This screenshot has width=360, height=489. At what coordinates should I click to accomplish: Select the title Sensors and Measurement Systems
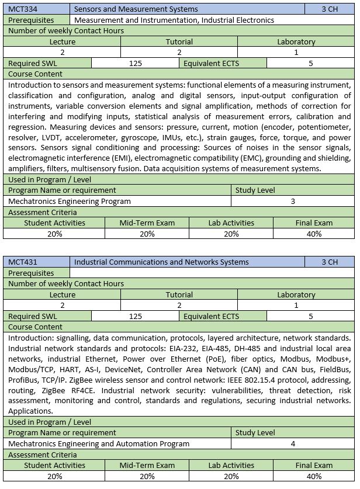pyautogui.click(x=136, y=9)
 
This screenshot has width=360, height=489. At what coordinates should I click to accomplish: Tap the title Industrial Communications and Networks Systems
pyautogui.click(x=161, y=262)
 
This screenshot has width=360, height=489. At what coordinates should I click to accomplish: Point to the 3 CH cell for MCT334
pyautogui.click(x=330, y=9)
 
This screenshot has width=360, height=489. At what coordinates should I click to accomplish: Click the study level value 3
pyautogui.click(x=293, y=201)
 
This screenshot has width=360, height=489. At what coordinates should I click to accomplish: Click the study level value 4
pyautogui.click(x=293, y=443)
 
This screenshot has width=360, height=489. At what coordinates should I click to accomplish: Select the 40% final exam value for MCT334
pyautogui.click(x=314, y=234)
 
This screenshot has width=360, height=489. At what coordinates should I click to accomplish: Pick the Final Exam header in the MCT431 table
pyautogui.click(x=314, y=466)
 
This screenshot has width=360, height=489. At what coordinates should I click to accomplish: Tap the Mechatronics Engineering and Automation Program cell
pyautogui.click(x=99, y=443)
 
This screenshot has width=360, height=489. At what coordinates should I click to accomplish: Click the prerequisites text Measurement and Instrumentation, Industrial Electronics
pyautogui.click(x=174, y=20)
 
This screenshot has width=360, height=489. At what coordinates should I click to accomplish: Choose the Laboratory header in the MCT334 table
pyautogui.click(x=296, y=41)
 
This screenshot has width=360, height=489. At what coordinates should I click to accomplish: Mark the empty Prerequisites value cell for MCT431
pyautogui.click(x=212, y=273)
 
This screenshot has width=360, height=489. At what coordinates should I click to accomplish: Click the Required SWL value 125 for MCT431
pyautogui.click(x=136, y=316)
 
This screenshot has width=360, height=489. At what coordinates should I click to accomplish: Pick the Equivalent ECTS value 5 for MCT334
pyautogui.click(x=310, y=63)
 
